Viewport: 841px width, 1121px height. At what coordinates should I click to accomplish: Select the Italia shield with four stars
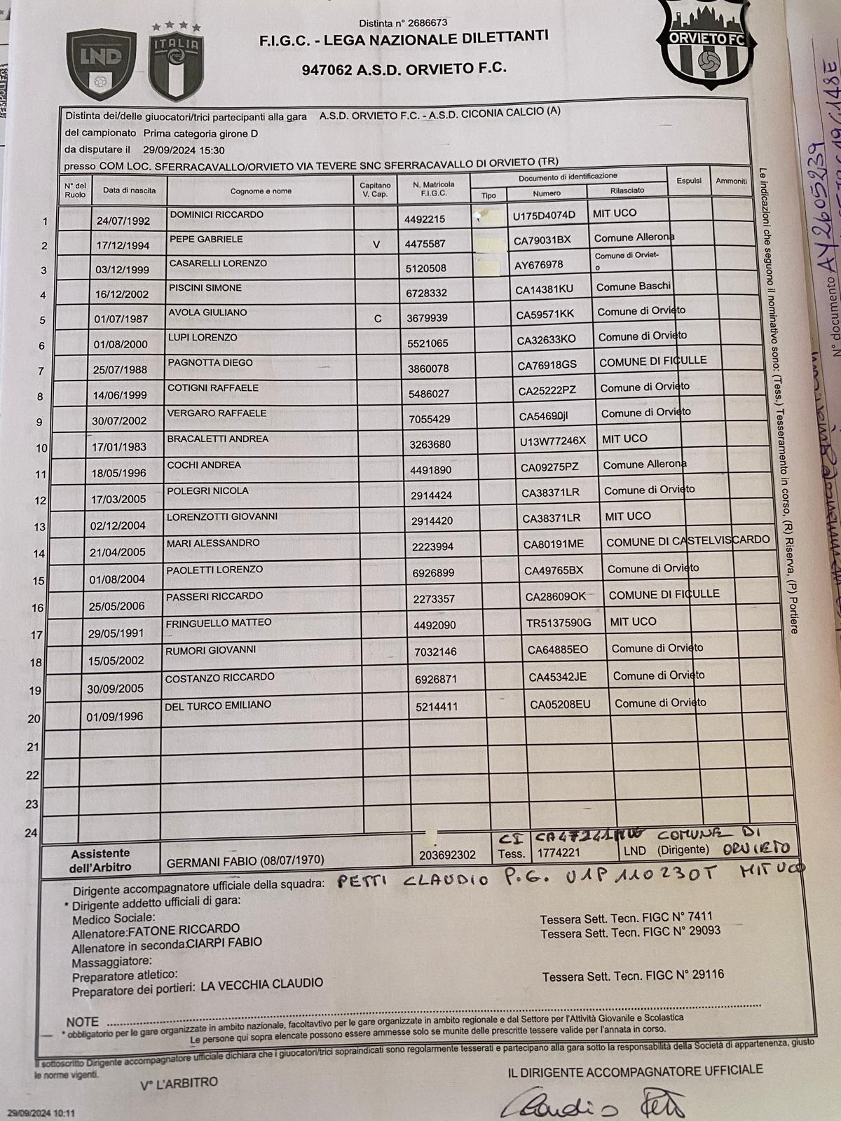176,62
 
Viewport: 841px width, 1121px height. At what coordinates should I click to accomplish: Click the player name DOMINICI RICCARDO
217,214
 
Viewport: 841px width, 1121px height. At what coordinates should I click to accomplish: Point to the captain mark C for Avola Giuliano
378,319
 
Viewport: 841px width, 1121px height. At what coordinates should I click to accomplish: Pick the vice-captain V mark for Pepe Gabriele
376,245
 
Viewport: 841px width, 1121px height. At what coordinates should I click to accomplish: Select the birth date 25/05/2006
118,606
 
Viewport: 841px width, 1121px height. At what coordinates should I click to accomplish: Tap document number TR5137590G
559,622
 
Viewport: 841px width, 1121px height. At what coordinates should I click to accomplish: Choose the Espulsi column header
689,180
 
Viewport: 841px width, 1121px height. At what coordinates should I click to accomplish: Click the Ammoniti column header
731,181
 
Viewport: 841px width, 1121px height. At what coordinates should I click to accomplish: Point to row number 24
31,833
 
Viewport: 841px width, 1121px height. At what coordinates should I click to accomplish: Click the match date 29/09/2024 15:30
184,150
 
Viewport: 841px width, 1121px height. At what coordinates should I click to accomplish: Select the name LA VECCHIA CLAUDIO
261,984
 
